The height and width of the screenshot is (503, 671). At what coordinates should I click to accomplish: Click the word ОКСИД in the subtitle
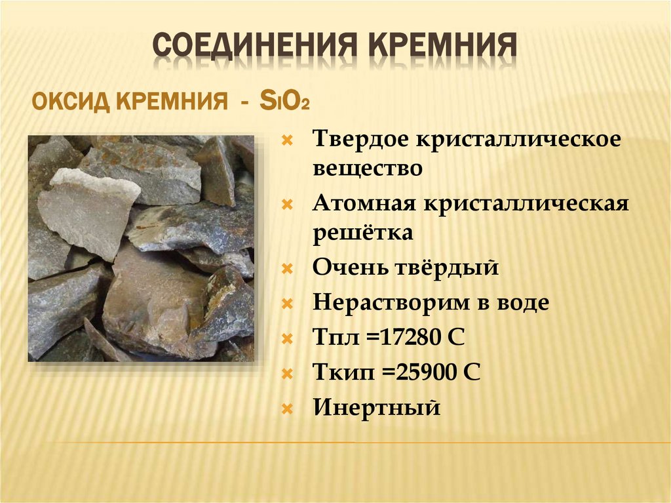click(x=71, y=103)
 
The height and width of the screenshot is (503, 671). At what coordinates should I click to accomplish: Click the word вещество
click(x=367, y=169)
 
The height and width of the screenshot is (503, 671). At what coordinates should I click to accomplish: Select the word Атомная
click(x=364, y=203)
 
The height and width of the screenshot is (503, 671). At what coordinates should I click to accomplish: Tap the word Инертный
click(x=375, y=409)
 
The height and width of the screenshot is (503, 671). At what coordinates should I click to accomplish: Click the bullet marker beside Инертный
click(x=286, y=409)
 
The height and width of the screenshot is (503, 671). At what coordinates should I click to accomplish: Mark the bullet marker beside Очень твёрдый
click(x=286, y=269)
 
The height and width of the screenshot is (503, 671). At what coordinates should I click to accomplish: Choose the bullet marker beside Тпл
click(x=286, y=339)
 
